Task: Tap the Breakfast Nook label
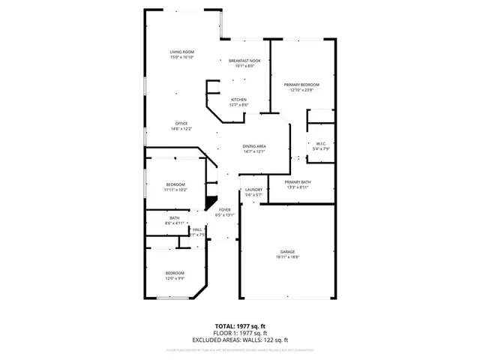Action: pos(244,61)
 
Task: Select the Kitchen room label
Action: pos(238,100)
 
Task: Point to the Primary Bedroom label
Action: pos(301,85)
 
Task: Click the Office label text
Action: pos(181,124)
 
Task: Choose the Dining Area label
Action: pos(254,146)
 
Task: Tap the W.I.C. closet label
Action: pos(319,143)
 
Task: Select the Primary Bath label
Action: pos(298,182)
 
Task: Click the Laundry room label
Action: pos(254,190)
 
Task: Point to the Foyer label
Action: pos(224,210)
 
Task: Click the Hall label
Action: pos(197,229)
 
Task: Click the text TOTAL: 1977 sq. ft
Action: pos(240,326)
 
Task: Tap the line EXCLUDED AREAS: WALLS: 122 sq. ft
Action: pos(240,340)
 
